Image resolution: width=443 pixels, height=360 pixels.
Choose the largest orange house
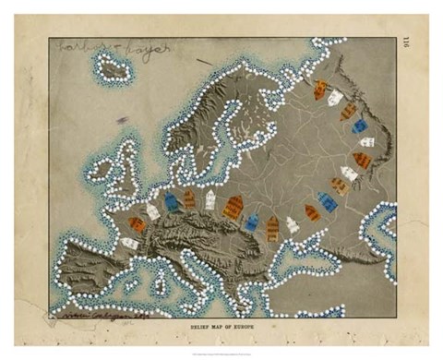[233, 207]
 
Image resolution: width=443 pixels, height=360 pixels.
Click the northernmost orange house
[320, 90]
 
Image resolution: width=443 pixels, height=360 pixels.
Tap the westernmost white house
[128, 244]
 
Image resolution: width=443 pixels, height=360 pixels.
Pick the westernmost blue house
[171, 201]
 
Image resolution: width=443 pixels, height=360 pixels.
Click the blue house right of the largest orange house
[252, 222]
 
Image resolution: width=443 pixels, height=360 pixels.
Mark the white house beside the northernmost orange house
[335, 96]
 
